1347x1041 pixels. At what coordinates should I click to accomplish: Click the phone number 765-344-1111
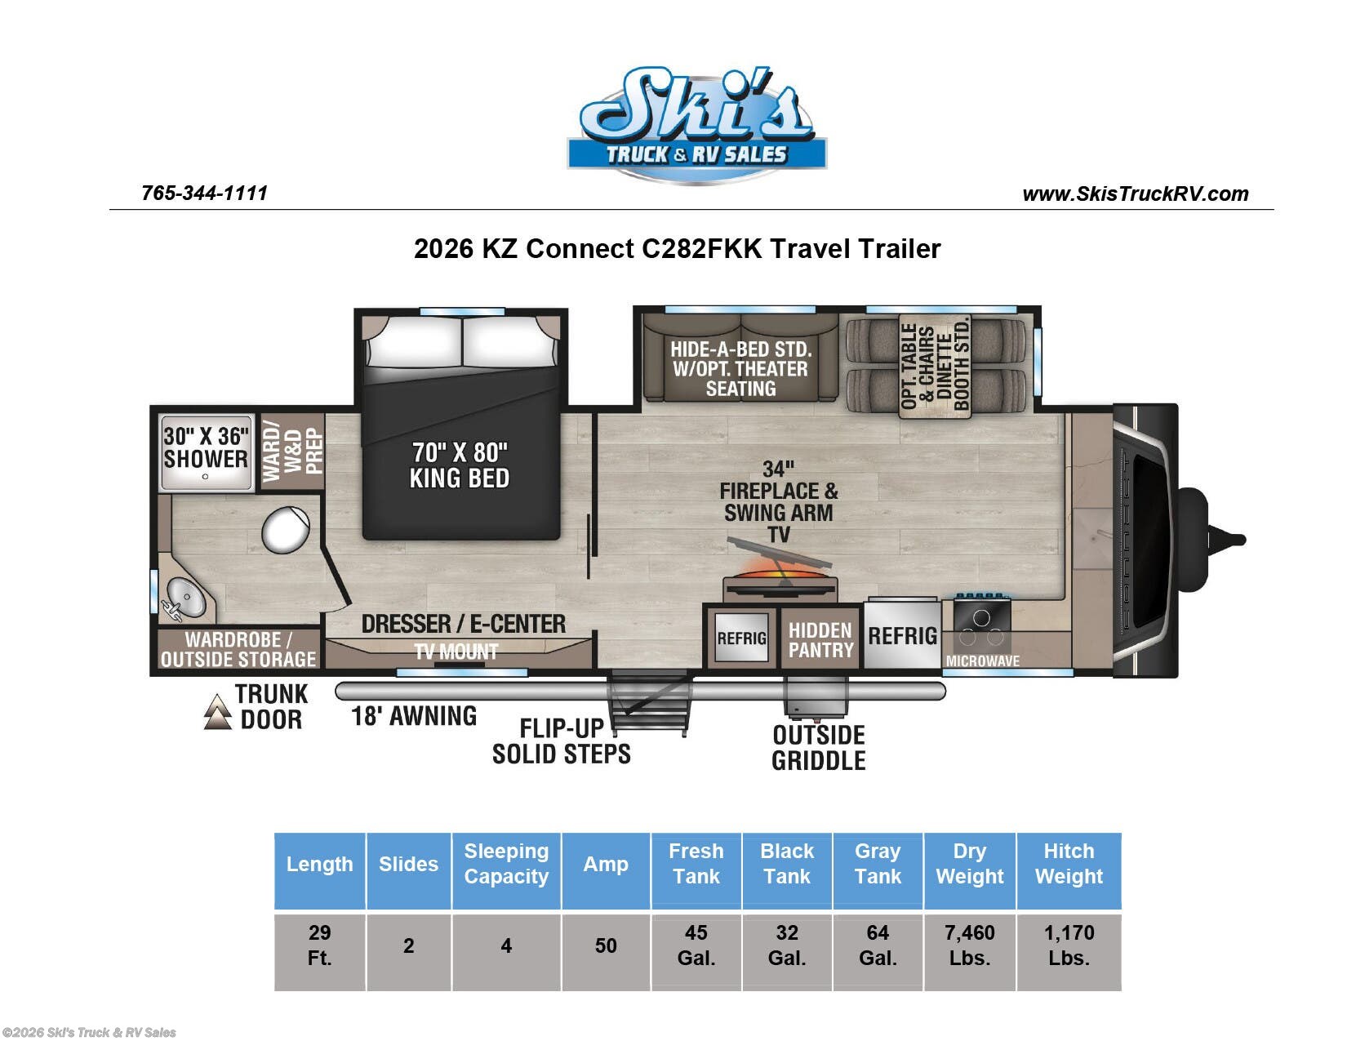(x=204, y=194)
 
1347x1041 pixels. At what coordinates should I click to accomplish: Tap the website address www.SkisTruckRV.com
(x=1135, y=194)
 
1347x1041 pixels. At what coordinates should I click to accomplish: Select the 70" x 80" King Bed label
(x=460, y=465)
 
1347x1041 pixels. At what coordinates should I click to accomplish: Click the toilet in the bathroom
(x=285, y=529)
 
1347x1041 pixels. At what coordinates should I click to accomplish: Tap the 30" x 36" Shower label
(x=206, y=447)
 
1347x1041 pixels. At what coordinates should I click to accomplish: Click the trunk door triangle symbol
(x=217, y=711)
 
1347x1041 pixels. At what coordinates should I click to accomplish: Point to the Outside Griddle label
(x=818, y=747)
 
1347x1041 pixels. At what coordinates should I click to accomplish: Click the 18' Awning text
(x=414, y=716)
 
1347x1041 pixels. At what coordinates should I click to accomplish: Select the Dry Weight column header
(x=969, y=864)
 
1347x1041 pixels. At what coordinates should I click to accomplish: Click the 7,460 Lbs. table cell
(x=969, y=945)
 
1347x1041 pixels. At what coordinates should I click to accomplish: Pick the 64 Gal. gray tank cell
(x=878, y=945)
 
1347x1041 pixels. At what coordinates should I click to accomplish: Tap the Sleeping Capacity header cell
(x=506, y=864)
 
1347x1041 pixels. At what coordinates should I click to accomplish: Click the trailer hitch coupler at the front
(x=1225, y=539)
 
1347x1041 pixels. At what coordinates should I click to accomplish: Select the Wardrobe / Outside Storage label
(x=238, y=650)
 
